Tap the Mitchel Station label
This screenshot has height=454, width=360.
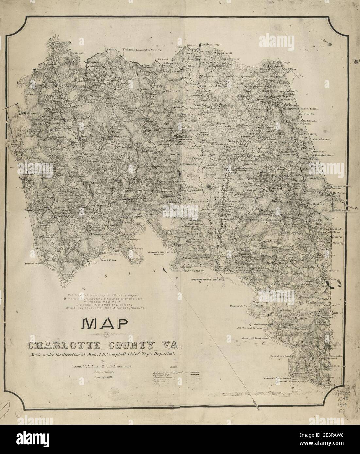[341, 186]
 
